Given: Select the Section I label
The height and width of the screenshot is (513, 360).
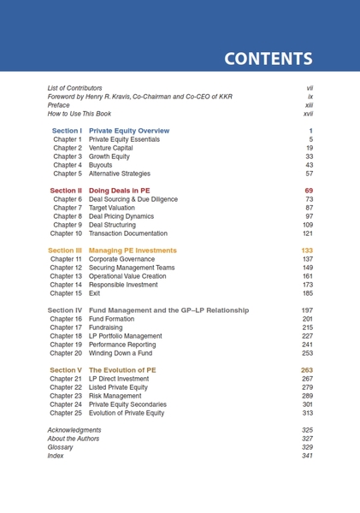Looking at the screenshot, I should point(67,131).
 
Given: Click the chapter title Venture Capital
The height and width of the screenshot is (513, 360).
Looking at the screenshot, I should point(111,148).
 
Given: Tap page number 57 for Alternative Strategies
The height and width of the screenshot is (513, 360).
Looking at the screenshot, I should point(309,174).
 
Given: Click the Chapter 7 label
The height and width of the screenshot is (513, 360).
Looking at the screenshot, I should point(67,208).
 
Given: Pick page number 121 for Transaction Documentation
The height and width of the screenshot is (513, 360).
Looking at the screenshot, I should point(307,233).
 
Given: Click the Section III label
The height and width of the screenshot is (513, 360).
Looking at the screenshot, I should point(65,251).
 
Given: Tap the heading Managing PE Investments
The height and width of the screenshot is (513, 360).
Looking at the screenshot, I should point(133,251).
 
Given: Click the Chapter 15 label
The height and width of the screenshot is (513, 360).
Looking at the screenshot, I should point(66,293).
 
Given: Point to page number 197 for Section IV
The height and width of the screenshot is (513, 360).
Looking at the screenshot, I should point(307,310).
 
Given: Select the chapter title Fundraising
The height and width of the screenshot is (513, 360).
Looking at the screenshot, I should point(106,327).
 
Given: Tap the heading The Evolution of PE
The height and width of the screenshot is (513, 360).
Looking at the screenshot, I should point(122,370).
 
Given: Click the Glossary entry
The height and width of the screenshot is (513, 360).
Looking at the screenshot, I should point(60,447).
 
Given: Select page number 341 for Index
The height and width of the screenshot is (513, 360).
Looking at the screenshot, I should point(307,456).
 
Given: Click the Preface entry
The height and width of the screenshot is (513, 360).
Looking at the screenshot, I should point(58,105).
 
